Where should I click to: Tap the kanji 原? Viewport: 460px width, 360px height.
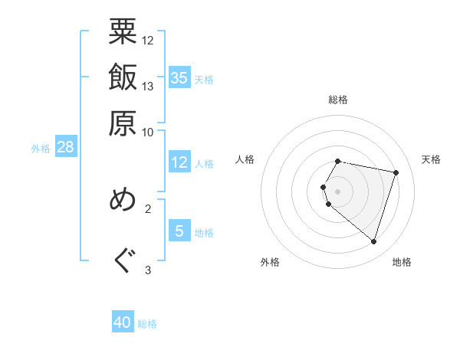coord(123,122)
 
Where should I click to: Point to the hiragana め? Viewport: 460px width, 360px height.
coord(123,201)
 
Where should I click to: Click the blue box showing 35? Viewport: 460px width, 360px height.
coord(179,77)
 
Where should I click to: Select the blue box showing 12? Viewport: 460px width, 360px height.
coord(179,162)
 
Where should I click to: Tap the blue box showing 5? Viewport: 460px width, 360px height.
coord(179,231)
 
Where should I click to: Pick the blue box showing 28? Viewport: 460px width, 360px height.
coord(65,147)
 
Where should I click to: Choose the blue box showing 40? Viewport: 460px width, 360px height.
coord(123,322)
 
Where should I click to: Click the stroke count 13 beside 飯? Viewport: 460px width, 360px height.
coord(148,86)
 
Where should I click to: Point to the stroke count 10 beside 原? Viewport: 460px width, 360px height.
coord(148,131)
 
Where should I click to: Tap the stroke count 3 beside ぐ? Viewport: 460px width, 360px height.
coord(148,270)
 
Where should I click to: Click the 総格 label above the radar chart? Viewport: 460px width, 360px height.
coord(338,100)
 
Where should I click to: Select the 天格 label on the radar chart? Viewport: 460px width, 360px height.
coord(431,159)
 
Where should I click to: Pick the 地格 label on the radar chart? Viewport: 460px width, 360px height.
coord(402,262)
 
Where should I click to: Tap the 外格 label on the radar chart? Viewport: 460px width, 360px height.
coord(270,262)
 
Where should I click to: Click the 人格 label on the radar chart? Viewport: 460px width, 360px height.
coord(245,159)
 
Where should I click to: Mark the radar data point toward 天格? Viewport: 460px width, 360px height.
coord(396,172)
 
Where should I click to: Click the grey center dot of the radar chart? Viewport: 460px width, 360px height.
coord(338,191)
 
